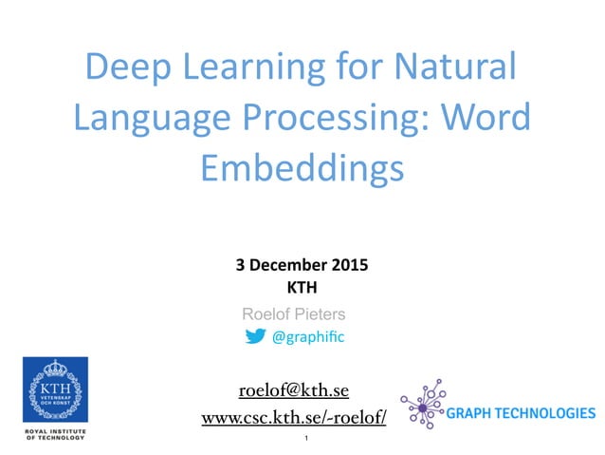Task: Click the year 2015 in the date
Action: (350, 267)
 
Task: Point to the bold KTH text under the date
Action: (302, 287)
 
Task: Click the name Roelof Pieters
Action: (294, 313)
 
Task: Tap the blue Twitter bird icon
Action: (255, 336)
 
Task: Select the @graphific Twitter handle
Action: (307, 336)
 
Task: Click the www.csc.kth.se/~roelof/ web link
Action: (294, 418)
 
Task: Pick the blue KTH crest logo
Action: (55, 389)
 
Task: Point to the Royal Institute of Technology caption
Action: (55, 434)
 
